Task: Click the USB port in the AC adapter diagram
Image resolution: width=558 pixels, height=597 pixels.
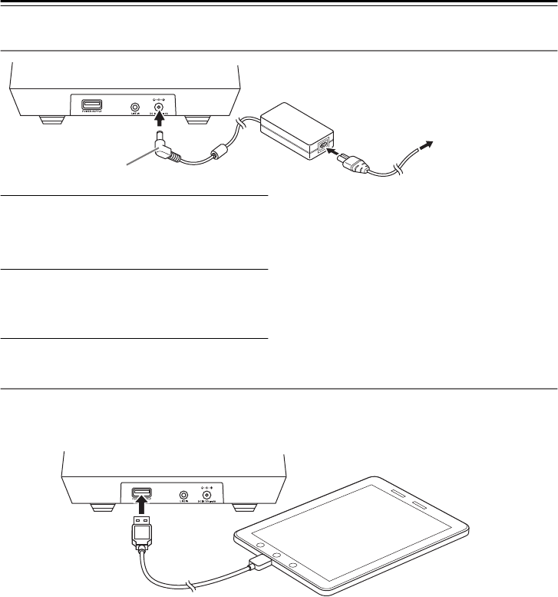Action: pyautogui.click(x=91, y=104)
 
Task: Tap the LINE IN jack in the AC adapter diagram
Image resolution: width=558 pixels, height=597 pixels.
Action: pyautogui.click(x=136, y=107)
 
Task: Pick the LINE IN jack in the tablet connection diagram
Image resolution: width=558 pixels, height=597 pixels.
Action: pyautogui.click(x=183, y=496)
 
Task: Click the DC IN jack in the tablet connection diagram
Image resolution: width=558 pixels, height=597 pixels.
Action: pyautogui.click(x=206, y=496)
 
